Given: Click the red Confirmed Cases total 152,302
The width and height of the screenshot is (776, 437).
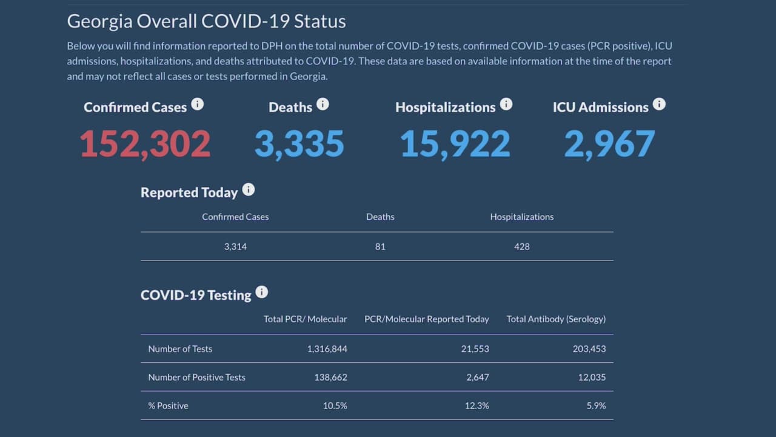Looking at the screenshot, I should [145, 144].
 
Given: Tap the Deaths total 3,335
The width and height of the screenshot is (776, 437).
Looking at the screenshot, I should [299, 144].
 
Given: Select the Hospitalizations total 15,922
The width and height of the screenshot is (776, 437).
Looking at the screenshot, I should [455, 144].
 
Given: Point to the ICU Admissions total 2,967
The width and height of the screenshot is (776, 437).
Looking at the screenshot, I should [609, 144].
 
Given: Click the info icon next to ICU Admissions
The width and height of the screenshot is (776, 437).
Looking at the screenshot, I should [659, 104].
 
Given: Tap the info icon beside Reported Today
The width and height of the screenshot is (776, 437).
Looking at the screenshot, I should [249, 190].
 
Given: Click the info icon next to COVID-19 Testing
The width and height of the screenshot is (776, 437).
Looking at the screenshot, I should [262, 293].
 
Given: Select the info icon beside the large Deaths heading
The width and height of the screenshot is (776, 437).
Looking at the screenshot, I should [323, 104].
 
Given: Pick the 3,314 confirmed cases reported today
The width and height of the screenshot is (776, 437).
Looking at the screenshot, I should [235, 246].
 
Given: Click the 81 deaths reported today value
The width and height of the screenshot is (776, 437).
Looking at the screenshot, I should [380, 246].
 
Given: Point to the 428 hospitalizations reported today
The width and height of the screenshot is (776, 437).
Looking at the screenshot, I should [521, 246].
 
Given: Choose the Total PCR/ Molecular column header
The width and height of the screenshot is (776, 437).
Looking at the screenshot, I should [305, 319].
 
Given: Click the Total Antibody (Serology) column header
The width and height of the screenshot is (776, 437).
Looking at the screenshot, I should [556, 319].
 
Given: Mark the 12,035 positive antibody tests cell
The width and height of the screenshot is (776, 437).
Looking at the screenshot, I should [592, 377].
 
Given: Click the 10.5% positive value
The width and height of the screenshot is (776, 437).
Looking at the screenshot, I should [335, 405].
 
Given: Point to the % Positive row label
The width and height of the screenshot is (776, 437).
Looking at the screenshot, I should [168, 405].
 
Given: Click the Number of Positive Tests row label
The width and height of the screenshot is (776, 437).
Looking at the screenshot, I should [196, 377].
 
